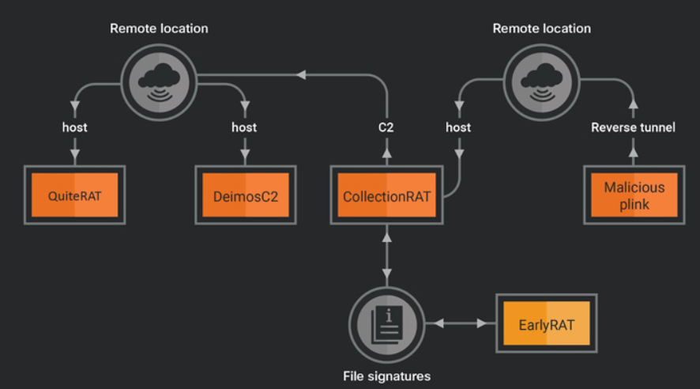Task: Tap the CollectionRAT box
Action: click(386, 195)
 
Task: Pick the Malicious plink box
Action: click(634, 195)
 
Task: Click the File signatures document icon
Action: click(386, 324)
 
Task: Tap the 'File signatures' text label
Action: click(386, 376)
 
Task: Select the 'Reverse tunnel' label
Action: click(633, 127)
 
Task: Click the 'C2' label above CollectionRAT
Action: click(386, 127)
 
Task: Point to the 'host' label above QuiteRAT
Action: click(76, 127)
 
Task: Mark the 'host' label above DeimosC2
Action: click(244, 127)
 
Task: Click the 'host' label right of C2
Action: click(458, 127)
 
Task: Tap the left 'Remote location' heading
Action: click(159, 28)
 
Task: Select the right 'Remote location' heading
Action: click(542, 28)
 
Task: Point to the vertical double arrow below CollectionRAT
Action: click(386, 253)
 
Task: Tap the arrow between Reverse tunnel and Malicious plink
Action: click(633, 150)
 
